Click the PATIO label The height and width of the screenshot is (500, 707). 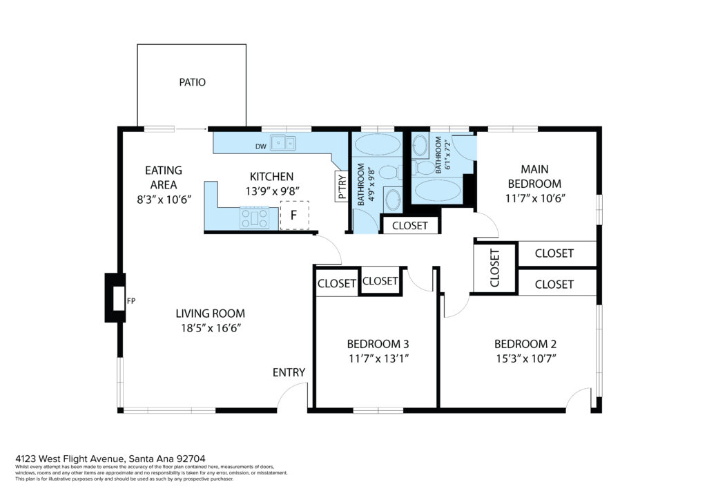pos(192,82)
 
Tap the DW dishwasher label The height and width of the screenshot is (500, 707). pos(260,146)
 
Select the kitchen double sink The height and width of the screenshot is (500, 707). pos(282,143)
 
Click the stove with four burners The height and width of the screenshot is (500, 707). pos(254,218)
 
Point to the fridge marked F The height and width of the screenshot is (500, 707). pos(294,215)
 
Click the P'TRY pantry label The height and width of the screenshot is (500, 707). pos(342,186)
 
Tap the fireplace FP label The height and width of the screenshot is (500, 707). pos(130,300)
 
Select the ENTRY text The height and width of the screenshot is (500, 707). pos(289,372)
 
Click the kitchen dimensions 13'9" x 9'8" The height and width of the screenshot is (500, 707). pos(272,191)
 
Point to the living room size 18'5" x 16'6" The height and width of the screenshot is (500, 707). pos(211,328)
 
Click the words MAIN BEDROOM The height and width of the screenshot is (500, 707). pos(535,176)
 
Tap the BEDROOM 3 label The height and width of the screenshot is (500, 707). pos(378,344)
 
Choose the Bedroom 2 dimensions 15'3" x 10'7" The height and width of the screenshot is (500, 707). pos(525,359)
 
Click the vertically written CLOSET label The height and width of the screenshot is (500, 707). pos(494,268)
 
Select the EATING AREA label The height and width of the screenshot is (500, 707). pos(164,177)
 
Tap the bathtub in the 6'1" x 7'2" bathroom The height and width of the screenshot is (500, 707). pos(437,191)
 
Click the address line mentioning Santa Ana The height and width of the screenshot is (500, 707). pos(110,459)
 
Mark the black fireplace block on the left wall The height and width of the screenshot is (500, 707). pos(115,298)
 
